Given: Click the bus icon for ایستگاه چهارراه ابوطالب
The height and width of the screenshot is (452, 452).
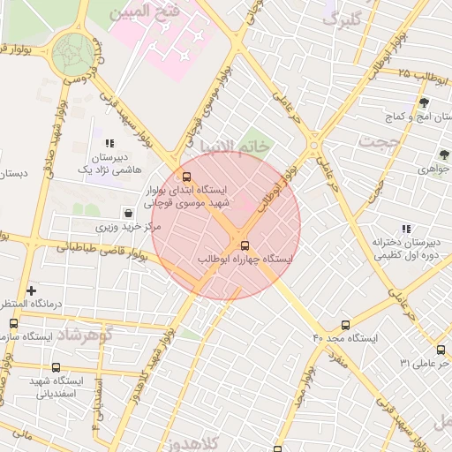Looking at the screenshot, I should click(245, 246).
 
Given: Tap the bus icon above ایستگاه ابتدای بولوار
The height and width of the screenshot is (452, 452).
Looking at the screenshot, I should click(186, 176).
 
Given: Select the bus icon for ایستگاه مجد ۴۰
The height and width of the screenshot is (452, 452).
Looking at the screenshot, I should click(345, 325).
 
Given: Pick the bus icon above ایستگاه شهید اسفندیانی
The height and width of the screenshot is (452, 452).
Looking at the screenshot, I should click(56, 367).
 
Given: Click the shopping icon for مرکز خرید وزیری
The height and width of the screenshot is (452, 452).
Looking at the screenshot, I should click(130, 213).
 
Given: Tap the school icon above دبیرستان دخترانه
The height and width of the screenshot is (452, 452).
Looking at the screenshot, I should click(406, 228).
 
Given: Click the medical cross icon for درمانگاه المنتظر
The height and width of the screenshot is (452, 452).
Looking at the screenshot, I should click(32, 290).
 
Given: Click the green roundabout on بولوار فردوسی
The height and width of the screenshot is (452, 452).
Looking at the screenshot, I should click(72, 55).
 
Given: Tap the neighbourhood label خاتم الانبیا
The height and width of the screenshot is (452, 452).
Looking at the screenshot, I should click(233, 146).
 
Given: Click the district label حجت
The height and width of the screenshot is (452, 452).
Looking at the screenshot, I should click(380, 140).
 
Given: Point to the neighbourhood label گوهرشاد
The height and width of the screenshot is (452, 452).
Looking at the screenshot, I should click(83, 335).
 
